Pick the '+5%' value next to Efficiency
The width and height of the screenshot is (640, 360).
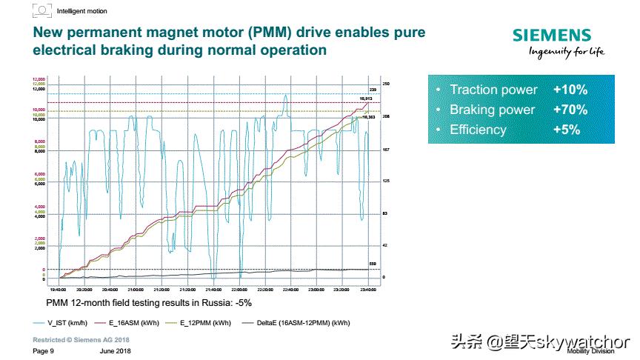coord(566,130)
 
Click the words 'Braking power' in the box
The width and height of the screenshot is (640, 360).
coord(492,110)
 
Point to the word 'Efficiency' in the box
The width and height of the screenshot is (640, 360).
coord(478,130)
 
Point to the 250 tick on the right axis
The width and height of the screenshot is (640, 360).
coord(385,84)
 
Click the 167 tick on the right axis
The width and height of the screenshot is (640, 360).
coord(385,149)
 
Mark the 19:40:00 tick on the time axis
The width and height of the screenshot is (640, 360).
coord(59,290)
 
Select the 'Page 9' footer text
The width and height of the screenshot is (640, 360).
coord(44,350)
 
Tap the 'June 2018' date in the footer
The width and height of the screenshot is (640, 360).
coord(115,350)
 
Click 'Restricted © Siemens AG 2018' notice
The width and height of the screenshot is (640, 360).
coord(81,339)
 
